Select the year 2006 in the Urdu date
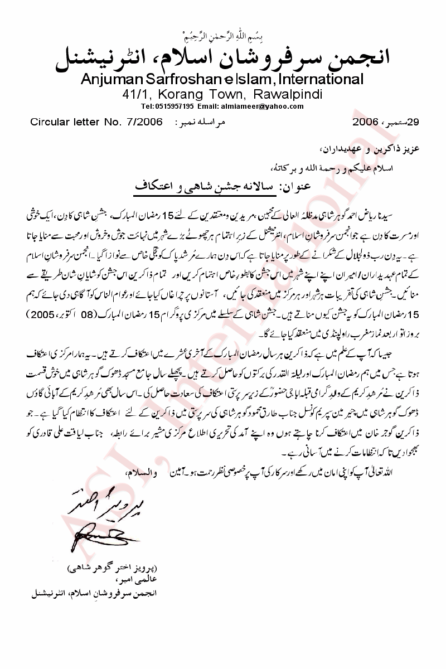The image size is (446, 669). (x=365, y=121)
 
